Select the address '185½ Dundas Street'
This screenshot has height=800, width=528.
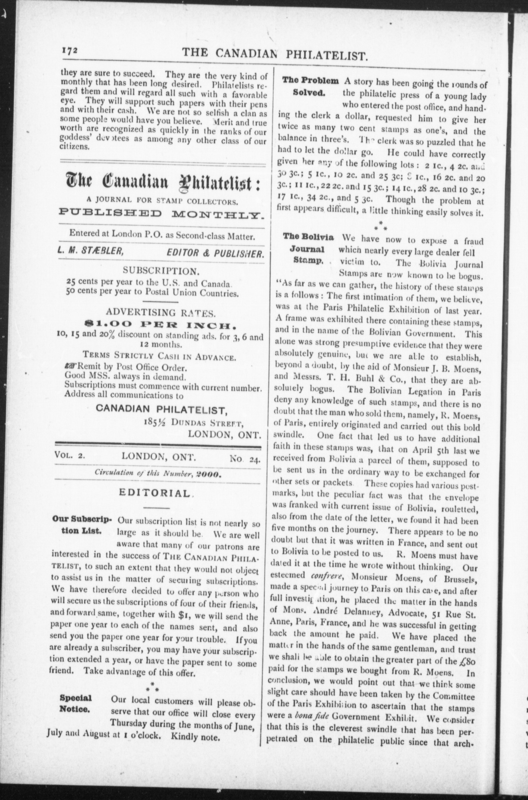(x=193, y=423)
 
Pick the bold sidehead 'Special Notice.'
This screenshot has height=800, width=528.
(x=76, y=703)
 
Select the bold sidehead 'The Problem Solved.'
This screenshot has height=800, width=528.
(x=310, y=86)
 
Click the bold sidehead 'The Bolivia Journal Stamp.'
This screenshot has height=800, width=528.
(x=308, y=249)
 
